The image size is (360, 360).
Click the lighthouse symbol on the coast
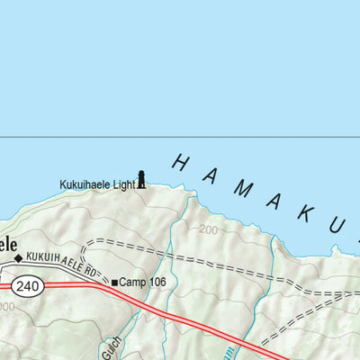point(140,179)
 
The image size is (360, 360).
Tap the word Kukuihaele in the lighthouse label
point(85,184)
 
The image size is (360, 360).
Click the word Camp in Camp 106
point(131,283)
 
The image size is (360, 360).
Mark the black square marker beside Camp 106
point(114,283)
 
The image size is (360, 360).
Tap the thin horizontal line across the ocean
point(180,138)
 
